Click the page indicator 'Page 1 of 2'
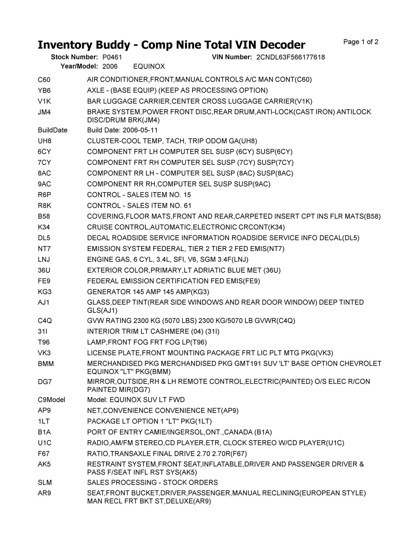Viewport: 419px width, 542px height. point(361,42)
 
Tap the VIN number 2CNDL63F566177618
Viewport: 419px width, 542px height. point(290,57)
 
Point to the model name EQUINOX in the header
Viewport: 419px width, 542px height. point(149,67)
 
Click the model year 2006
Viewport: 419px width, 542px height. point(110,67)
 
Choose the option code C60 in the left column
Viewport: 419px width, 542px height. point(44,80)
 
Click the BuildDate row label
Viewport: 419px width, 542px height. point(53,130)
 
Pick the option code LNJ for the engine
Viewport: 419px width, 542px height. point(44,260)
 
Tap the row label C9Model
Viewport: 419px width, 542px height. point(51,400)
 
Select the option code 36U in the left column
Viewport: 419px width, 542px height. point(44,270)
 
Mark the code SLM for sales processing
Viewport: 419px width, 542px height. point(45,483)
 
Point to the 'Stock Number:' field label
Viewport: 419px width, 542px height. point(74,57)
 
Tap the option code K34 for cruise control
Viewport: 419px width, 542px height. point(44,227)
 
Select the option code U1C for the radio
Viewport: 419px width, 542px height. point(45,443)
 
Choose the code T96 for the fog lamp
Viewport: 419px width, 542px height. point(44,342)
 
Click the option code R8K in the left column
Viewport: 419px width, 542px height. point(45,206)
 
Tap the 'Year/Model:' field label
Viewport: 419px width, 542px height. point(79,67)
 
